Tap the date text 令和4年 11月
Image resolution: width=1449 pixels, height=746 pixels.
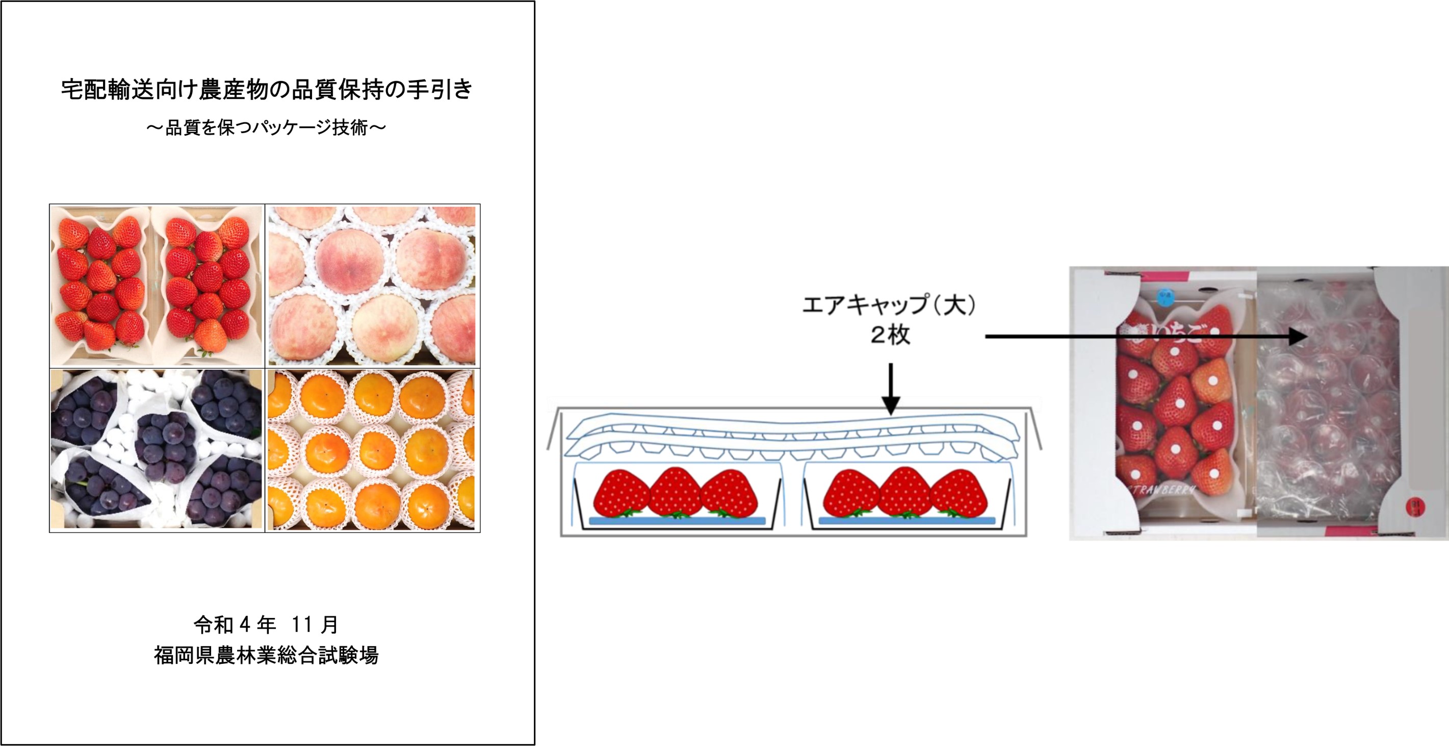266,625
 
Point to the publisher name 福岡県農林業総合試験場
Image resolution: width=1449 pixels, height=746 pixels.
266,655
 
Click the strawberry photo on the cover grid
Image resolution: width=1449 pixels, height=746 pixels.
157,286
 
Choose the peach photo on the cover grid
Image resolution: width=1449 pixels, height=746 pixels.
372,286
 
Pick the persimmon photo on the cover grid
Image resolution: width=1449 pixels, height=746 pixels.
372,450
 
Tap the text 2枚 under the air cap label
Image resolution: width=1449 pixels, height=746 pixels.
890,336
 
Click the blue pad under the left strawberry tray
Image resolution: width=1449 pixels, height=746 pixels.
677,521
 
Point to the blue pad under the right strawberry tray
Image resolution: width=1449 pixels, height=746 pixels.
906,521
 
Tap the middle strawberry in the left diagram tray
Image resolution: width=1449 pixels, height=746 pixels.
675,493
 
